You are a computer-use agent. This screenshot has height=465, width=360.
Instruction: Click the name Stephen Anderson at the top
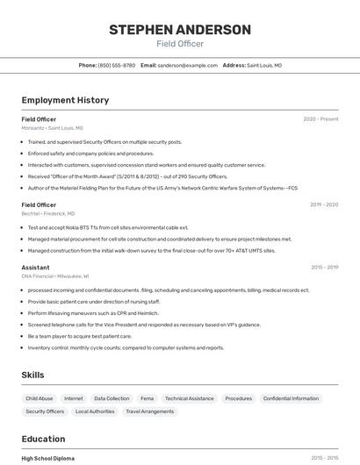click(x=180, y=30)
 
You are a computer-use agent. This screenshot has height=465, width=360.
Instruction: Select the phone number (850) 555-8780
click(x=116, y=65)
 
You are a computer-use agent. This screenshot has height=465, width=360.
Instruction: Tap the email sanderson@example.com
click(x=187, y=65)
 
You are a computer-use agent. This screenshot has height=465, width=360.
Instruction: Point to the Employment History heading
click(x=65, y=100)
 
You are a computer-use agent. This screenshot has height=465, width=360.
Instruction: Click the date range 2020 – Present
click(x=320, y=119)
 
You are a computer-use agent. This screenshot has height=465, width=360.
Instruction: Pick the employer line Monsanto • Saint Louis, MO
click(x=53, y=128)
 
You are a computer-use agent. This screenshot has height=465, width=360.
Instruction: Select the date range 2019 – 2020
click(x=324, y=204)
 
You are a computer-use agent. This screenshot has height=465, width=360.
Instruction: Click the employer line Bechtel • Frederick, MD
click(x=48, y=213)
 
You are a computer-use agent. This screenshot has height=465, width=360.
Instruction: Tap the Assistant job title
click(x=35, y=267)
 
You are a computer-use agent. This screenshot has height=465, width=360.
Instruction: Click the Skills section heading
click(x=32, y=375)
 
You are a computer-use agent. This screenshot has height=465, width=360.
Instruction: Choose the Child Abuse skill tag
click(x=39, y=398)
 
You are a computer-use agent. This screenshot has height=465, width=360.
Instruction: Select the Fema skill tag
click(x=147, y=398)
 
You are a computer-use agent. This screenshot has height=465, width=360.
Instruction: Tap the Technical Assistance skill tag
click(x=189, y=398)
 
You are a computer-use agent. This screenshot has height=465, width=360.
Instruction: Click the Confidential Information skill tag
click(x=291, y=398)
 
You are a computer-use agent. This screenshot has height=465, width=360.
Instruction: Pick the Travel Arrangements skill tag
click(x=149, y=411)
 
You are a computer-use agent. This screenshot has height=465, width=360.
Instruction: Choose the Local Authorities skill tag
click(x=95, y=411)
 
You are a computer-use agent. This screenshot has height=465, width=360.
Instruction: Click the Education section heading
click(x=43, y=439)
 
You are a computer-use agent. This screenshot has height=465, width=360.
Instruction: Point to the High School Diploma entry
click(x=48, y=458)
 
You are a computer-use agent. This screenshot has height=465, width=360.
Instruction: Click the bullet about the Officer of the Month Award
click(x=127, y=176)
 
